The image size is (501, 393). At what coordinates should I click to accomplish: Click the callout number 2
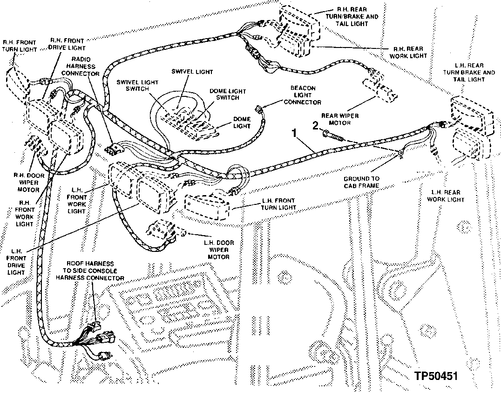click(315, 126)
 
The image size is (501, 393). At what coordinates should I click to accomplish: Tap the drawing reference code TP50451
click(436, 376)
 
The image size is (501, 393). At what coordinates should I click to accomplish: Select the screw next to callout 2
click(332, 135)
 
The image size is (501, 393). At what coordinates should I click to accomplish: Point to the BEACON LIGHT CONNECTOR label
click(302, 95)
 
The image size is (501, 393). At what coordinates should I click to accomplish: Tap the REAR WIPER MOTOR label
click(339, 119)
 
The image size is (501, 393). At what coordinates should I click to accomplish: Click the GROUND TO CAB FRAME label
click(361, 182)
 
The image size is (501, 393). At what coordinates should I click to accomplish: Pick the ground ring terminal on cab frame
click(399, 153)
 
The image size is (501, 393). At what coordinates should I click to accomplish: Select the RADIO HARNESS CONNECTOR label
click(81, 67)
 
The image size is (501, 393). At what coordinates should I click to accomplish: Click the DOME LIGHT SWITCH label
click(228, 94)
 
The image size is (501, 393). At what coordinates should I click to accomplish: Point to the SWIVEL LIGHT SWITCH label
click(137, 85)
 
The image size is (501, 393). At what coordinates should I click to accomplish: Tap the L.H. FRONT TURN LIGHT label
click(278, 204)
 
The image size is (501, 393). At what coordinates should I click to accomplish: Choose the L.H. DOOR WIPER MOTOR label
click(218, 250)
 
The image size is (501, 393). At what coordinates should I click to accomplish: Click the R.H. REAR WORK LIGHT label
click(408, 52)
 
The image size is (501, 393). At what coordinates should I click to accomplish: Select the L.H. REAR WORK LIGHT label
click(446, 196)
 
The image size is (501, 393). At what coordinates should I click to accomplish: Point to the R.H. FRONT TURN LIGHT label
click(20, 46)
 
